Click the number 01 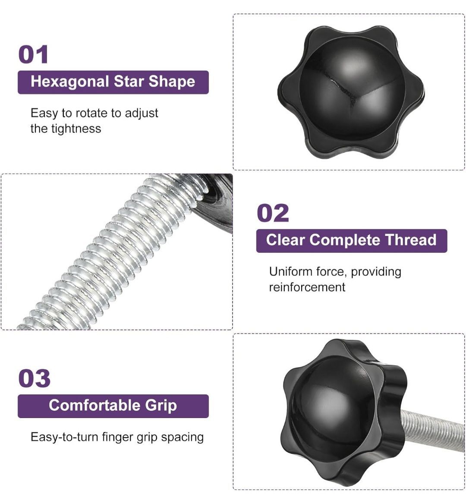[33, 54]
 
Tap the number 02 [273, 213]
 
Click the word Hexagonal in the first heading [70, 82]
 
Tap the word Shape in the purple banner [172, 82]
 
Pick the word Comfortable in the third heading [94, 406]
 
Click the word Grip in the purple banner [161, 406]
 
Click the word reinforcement [307, 287]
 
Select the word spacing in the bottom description [182, 438]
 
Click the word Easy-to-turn [65, 437]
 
